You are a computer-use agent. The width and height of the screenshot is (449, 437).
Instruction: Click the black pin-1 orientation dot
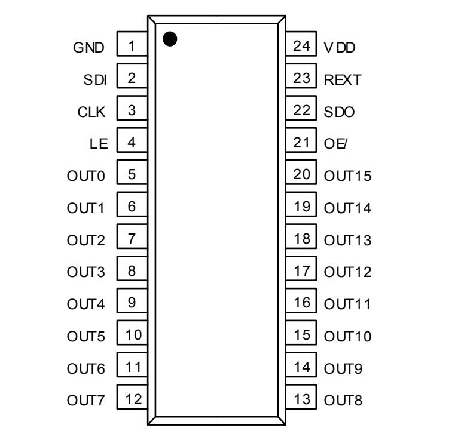coord(170,39)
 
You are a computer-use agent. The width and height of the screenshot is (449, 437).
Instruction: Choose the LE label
coord(99,143)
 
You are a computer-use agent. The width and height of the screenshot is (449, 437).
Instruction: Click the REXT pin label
coord(343,79)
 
